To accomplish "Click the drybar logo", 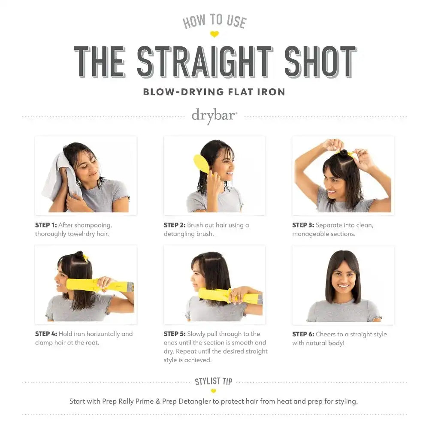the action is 214,116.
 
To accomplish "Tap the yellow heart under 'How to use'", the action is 214,34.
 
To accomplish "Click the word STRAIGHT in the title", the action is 205,61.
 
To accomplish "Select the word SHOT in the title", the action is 320,61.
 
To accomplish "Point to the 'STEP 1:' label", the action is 46,225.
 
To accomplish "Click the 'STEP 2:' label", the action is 175,225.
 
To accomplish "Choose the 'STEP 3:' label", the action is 303,225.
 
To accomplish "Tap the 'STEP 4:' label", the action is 46,334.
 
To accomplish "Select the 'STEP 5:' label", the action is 175,334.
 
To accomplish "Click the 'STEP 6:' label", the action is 303,334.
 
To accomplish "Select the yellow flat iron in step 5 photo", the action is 230,296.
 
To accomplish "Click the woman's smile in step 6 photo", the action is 343,286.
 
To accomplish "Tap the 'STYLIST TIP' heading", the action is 214,381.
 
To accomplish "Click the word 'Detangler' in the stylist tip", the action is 195,402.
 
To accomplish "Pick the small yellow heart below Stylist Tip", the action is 214,391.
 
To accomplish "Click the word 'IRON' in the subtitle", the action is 271,92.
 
